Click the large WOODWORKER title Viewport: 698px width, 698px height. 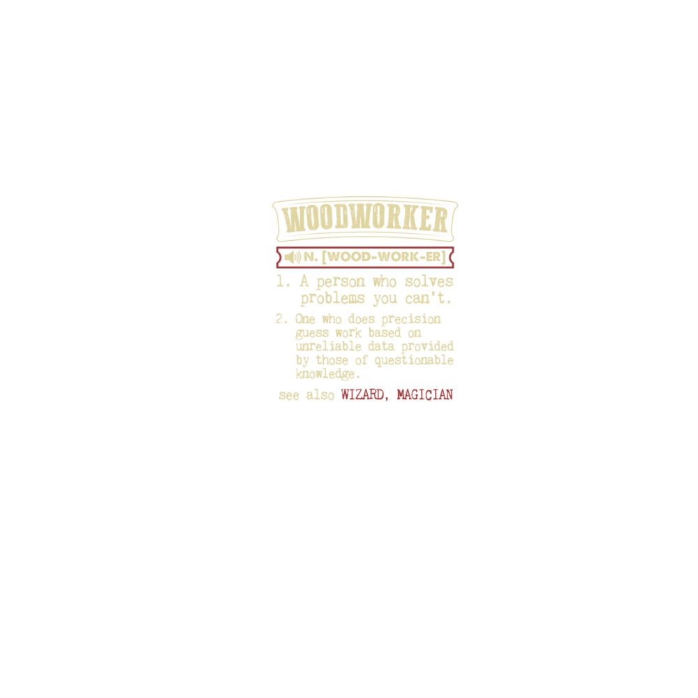click(365, 221)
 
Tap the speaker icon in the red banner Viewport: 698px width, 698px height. click(292, 258)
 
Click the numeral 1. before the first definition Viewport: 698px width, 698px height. click(283, 282)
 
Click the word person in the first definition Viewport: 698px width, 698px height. click(341, 282)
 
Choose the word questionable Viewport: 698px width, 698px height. click(414, 360)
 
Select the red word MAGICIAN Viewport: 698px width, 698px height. click(424, 395)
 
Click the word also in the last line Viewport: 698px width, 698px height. click(320, 395)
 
